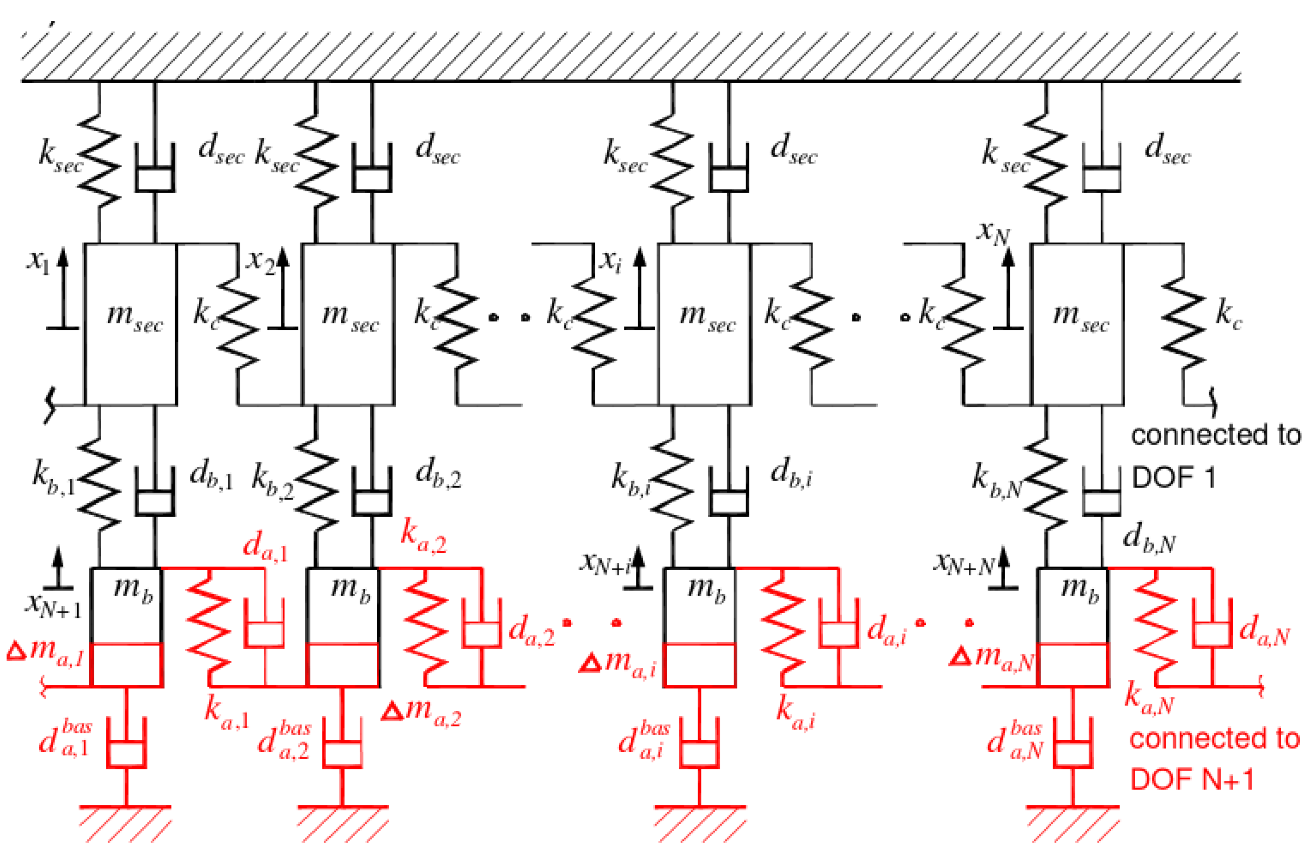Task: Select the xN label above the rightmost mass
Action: (x=993, y=232)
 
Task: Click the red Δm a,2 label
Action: (x=422, y=711)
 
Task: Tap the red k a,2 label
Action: (x=423, y=537)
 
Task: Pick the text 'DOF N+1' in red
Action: (x=1192, y=779)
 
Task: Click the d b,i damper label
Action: (x=791, y=475)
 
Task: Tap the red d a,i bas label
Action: (x=644, y=739)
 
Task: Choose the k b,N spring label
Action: (x=996, y=480)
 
